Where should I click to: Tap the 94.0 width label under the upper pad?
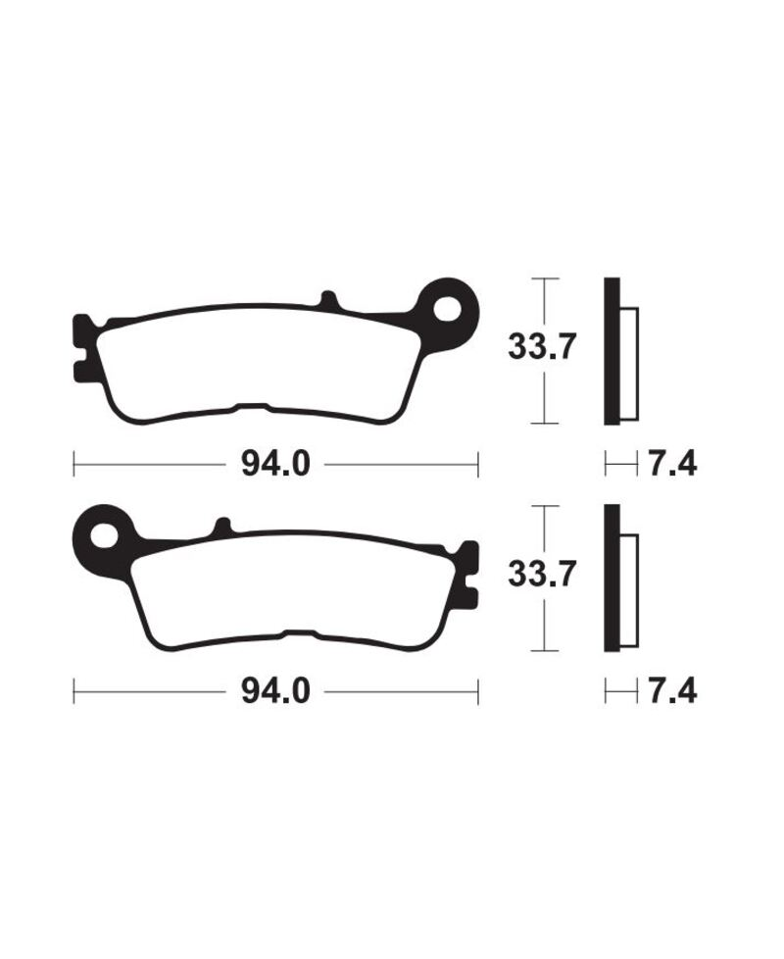(x=275, y=463)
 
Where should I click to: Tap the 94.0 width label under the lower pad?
(x=275, y=692)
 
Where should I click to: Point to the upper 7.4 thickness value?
(x=671, y=463)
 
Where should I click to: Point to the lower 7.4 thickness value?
(x=671, y=692)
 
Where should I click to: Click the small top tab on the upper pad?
(x=329, y=299)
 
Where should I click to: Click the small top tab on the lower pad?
(x=222, y=527)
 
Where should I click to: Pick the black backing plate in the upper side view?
(x=612, y=351)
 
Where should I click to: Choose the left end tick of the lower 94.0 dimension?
(x=75, y=692)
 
